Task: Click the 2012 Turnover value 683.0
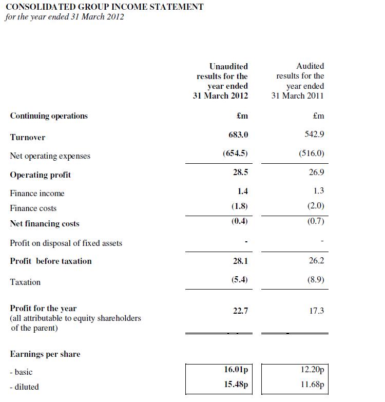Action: click(x=238, y=135)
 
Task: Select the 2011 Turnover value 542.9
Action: click(x=314, y=135)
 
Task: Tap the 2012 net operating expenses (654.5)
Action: click(x=236, y=154)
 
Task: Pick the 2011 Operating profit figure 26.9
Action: click(x=317, y=173)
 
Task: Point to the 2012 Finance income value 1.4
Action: click(x=243, y=191)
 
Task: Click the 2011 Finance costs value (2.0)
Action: click(x=314, y=206)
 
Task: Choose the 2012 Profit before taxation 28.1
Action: click(x=240, y=261)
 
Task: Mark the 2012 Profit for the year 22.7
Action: click(x=240, y=311)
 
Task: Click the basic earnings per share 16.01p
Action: click(x=236, y=369)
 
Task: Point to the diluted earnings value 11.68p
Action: click(x=312, y=385)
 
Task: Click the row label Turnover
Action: click(x=28, y=138)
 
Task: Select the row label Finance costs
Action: click(x=33, y=208)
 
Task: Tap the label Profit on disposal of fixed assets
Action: click(x=66, y=243)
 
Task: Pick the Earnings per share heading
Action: click(x=45, y=354)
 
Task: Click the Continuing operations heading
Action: click(x=49, y=116)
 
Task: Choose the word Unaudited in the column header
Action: click(x=228, y=66)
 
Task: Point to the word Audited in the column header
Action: click(x=310, y=66)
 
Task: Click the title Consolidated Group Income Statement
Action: click(x=104, y=7)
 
